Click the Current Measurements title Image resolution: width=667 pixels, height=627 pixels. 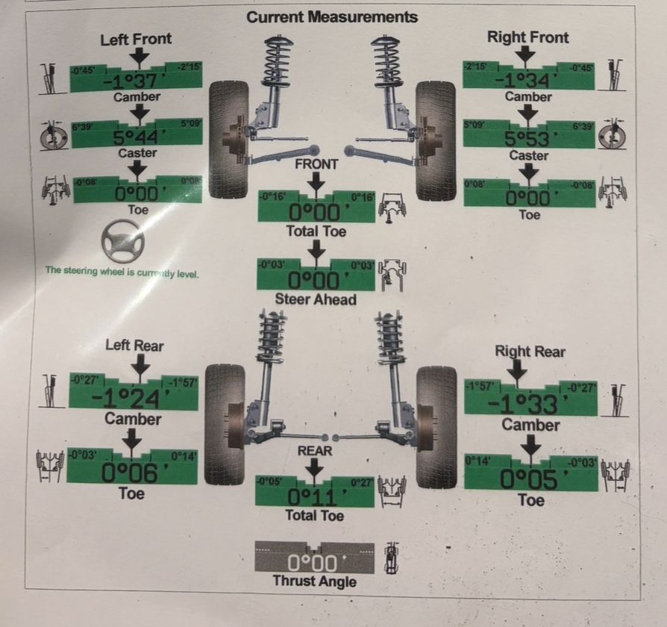tap(332, 16)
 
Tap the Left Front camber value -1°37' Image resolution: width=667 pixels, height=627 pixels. tap(135, 81)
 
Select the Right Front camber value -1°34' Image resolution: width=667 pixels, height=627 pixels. tap(528, 79)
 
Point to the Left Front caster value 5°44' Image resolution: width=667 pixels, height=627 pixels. tap(135, 137)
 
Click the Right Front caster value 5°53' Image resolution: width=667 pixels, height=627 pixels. tap(528, 139)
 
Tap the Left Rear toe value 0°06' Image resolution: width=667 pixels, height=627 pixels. tap(131, 472)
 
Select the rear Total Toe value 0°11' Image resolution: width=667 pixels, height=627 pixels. tap(315, 496)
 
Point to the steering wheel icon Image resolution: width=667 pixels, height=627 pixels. tap(122, 240)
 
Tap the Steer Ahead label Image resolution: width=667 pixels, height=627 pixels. tap(316, 299)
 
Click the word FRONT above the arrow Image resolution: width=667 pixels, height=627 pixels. tap(316, 164)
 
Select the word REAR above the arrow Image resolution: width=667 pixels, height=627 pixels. tap(315, 451)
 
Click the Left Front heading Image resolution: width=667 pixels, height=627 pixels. tap(136, 39)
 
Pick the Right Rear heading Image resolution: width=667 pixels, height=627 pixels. tap(530, 351)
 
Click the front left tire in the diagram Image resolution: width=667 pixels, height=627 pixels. tap(228, 140)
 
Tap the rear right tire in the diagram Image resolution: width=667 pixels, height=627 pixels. tap(436, 426)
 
